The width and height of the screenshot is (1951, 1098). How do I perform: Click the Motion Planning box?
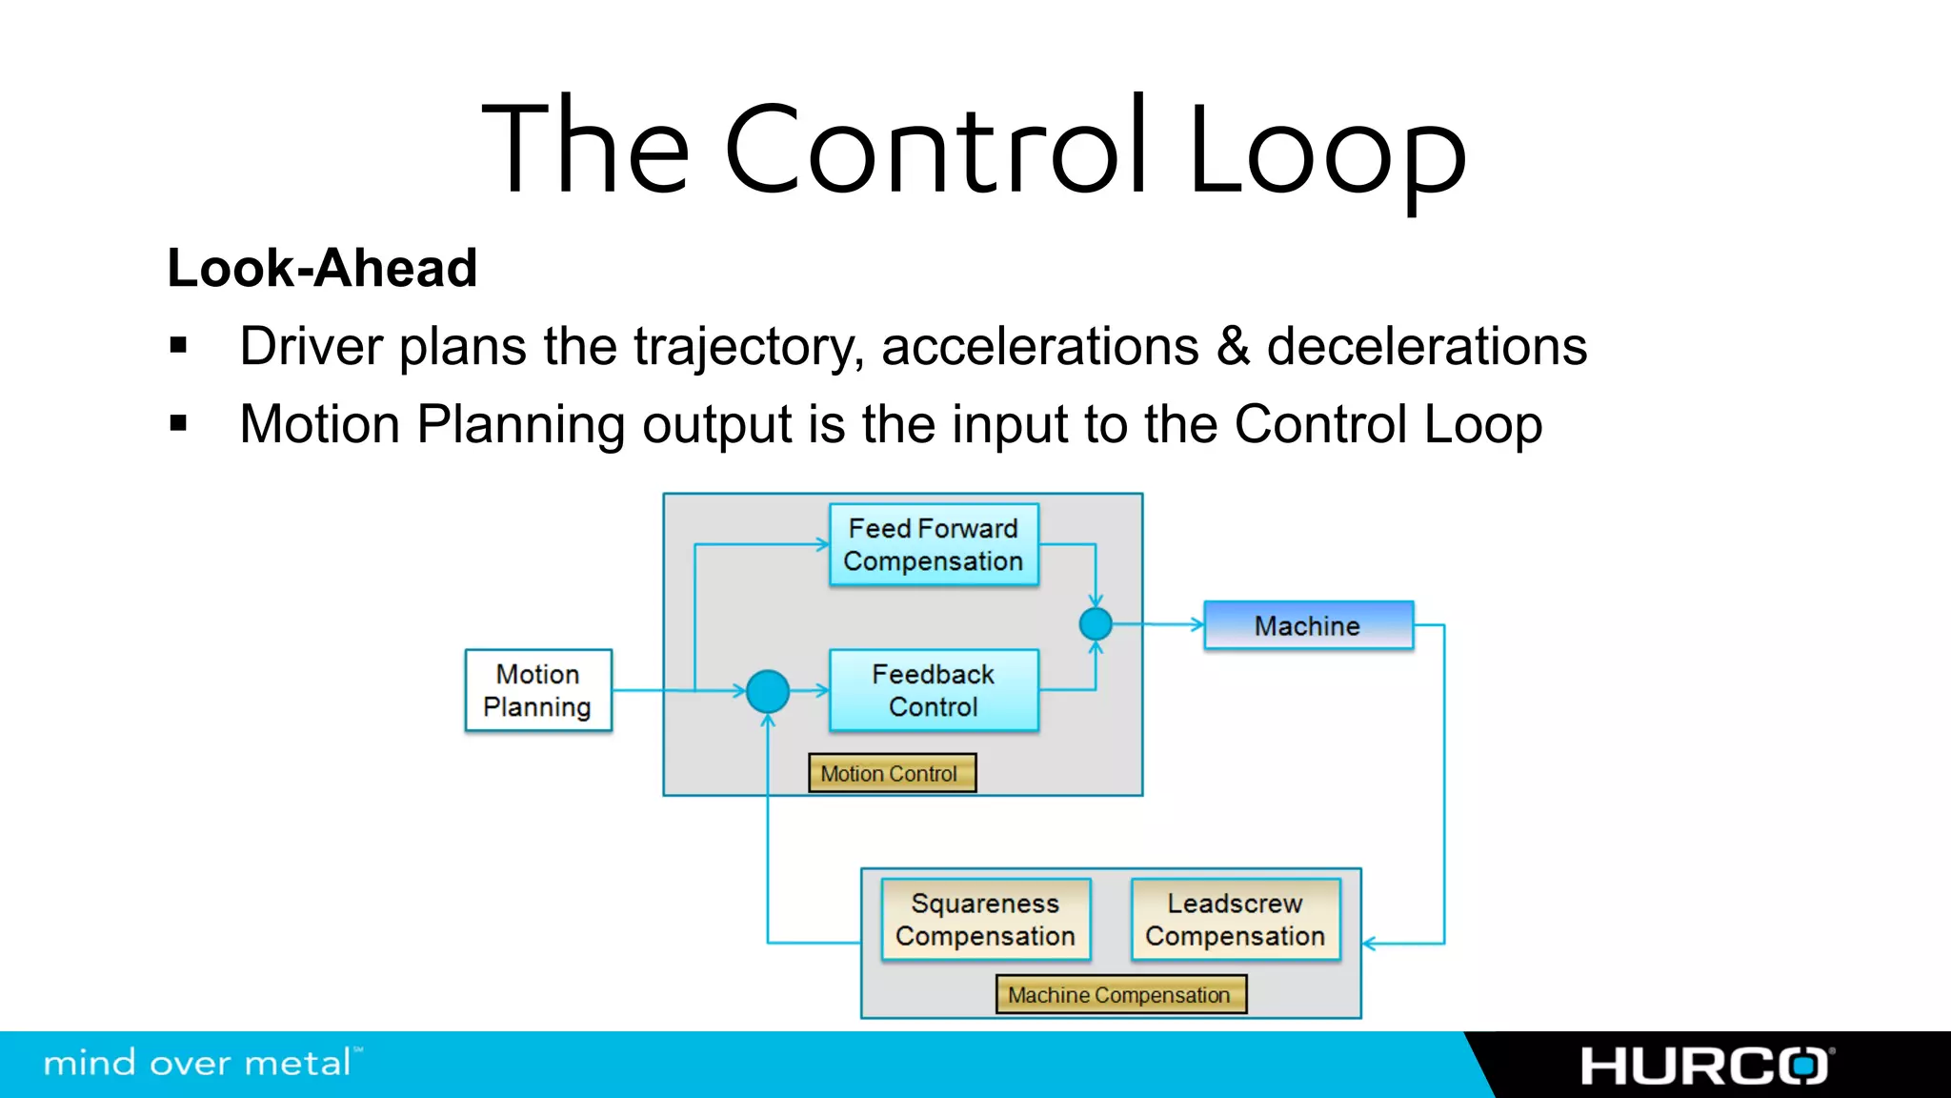538,690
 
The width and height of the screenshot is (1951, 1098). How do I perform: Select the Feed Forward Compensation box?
934,544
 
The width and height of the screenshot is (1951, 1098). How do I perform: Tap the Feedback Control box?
934,690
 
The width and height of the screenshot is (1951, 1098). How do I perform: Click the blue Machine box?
1308,625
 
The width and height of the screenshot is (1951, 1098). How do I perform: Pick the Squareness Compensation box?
985,919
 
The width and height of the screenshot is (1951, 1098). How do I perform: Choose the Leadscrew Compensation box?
1235,919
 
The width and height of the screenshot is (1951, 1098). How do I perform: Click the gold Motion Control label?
891,773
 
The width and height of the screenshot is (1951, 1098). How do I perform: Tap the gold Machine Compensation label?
1120,994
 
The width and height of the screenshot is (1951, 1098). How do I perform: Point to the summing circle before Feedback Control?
768,691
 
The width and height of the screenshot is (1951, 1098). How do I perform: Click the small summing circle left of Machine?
1096,624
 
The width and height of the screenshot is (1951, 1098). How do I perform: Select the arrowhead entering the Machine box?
1197,625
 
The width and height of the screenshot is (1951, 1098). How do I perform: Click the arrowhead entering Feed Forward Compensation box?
822,544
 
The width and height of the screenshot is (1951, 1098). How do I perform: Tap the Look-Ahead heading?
322,268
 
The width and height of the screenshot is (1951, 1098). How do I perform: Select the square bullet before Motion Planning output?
178,423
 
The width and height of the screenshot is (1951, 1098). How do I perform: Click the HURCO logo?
1705,1066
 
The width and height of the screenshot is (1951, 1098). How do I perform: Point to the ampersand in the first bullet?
1233,346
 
